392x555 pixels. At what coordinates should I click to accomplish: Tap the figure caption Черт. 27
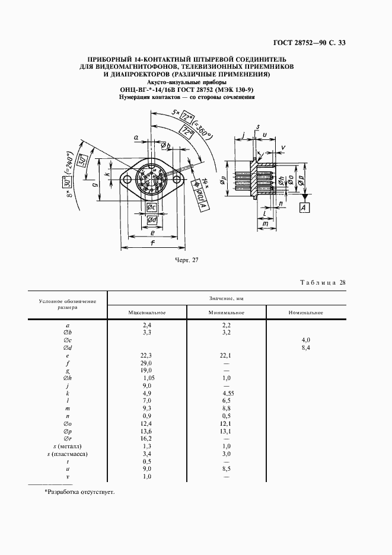pos(187,260)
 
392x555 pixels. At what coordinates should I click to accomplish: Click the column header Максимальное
pos(146,312)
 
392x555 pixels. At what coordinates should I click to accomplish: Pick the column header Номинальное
pos(305,312)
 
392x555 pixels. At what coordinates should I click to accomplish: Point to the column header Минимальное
pos(227,312)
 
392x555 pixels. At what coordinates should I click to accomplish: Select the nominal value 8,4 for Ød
pos(306,348)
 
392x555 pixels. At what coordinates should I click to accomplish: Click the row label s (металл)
pos(67,445)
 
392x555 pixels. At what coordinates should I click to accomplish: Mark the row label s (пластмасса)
pos(67,454)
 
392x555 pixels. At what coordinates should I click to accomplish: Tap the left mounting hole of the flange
pos(126,178)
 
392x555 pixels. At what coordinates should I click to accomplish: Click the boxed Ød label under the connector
pos(152,220)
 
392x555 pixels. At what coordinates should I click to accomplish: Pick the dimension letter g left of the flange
pos(95,185)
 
